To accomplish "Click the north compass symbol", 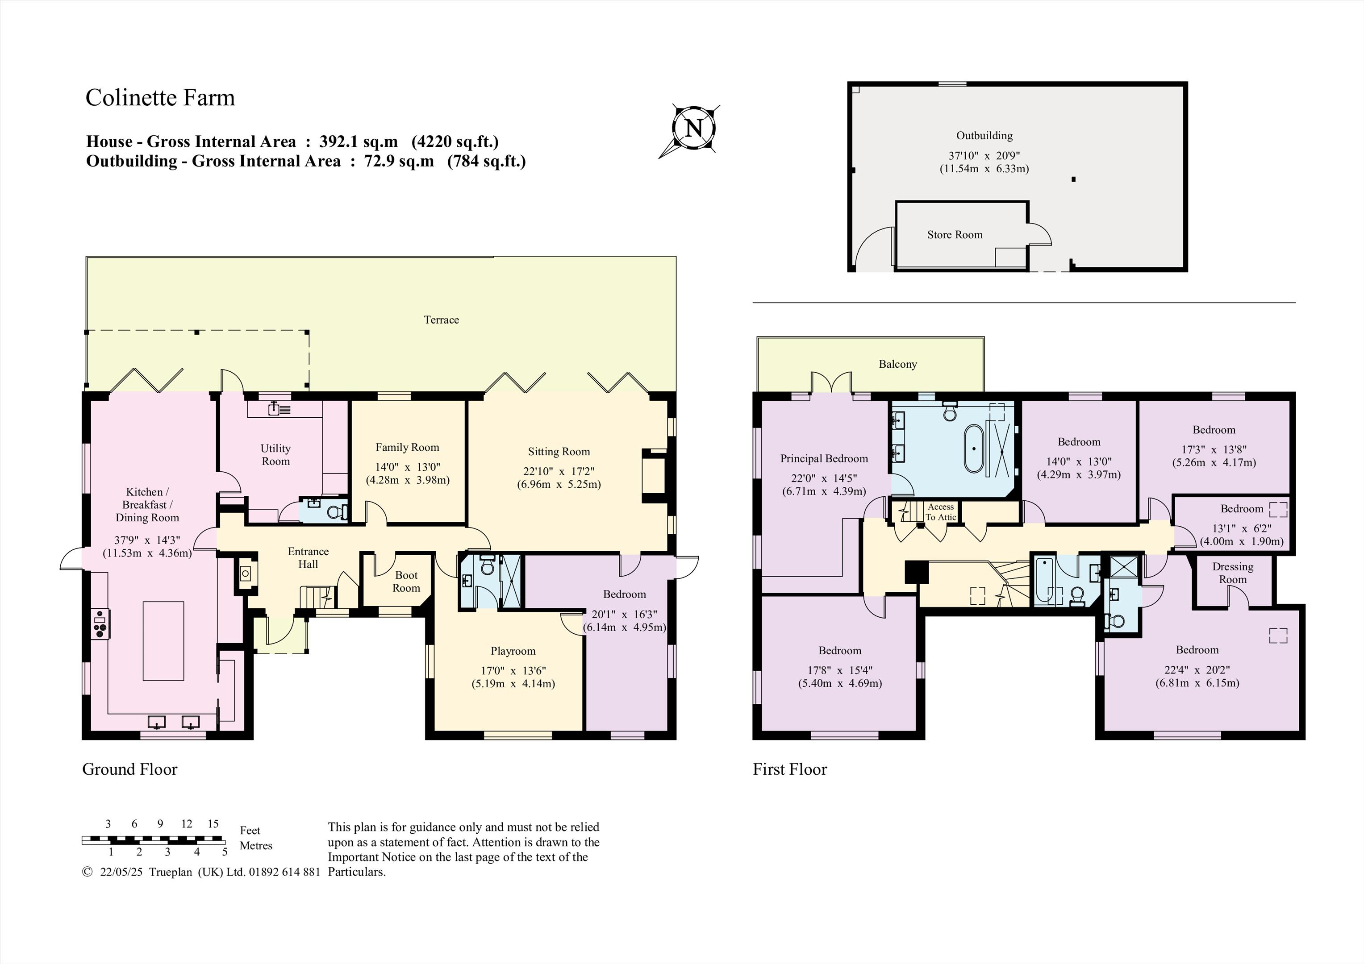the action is click(692, 129).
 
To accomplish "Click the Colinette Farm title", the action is click(160, 97).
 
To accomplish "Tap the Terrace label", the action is click(442, 320).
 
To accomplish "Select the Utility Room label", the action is click(275, 454).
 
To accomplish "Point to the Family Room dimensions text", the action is click(408, 474).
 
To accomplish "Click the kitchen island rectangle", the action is click(163, 640).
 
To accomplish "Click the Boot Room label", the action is click(406, 582).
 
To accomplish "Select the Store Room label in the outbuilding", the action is click(955, 235).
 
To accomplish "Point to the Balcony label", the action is click(897, 364).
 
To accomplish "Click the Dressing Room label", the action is click(1233, 573).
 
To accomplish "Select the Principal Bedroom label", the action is click(824, 458).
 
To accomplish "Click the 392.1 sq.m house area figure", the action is click(358, 141).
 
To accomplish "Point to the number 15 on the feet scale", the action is click(213, 824).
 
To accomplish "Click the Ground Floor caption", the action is click(129, 769).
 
